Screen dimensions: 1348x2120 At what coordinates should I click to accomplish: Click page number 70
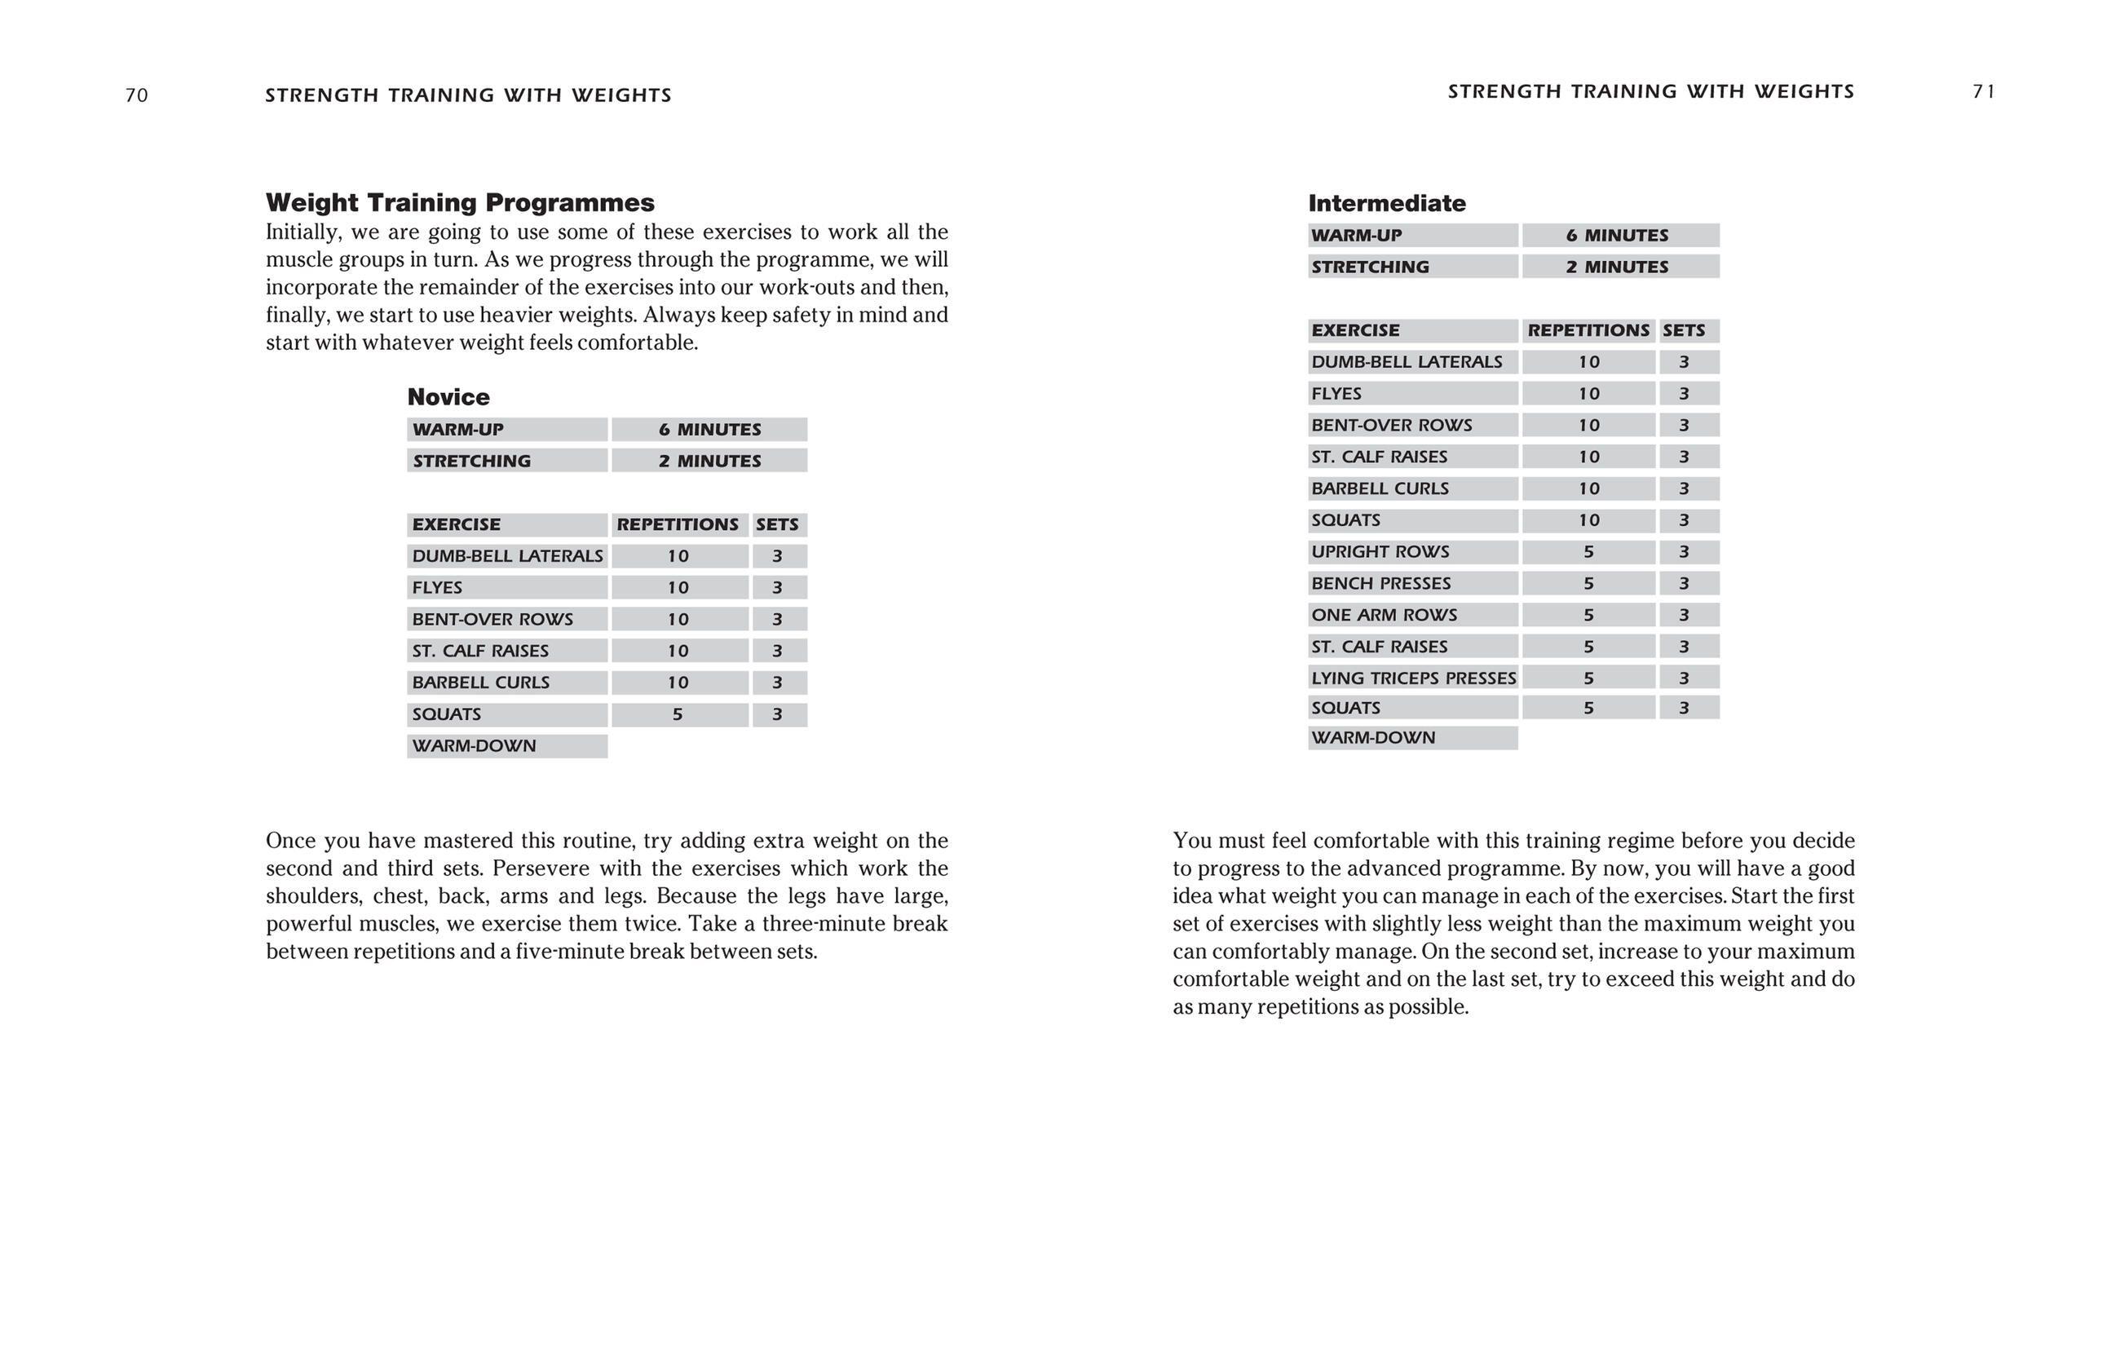(x=136, y=95)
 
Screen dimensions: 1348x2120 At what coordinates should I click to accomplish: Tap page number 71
(x=1984, y=91)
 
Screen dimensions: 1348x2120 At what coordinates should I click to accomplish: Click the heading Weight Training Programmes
(x=460, y=202)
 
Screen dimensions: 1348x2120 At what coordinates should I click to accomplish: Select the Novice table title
(x=448, y=397)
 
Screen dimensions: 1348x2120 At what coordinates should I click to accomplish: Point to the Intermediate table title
(x=1387, y=203)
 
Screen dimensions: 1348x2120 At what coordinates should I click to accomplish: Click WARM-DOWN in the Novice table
(x=474, y=745)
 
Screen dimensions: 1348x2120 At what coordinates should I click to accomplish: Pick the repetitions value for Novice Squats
(x=677, y=714)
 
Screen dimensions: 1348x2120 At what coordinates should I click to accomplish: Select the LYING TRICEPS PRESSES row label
(x=1413, y=678)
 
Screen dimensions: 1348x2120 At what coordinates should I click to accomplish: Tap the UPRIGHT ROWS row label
(x=1380, y=552)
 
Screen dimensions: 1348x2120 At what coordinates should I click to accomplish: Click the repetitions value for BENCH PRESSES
(x=1588, y=583)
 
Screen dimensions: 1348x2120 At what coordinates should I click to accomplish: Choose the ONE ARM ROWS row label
(x=1383, y=615)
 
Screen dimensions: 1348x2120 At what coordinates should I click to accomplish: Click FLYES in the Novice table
(x=437, y=587)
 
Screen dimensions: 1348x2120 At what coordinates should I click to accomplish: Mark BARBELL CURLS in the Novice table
(x=481, y=683)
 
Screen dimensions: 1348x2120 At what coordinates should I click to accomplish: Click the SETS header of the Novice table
(x=776, y=524)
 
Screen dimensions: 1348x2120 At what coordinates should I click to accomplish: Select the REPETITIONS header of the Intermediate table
(x=1588, y=330)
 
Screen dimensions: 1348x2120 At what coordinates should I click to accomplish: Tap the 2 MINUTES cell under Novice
(x=709, y=461)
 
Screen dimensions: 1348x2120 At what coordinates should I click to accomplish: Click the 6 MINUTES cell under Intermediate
(x=1616, y=235)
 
